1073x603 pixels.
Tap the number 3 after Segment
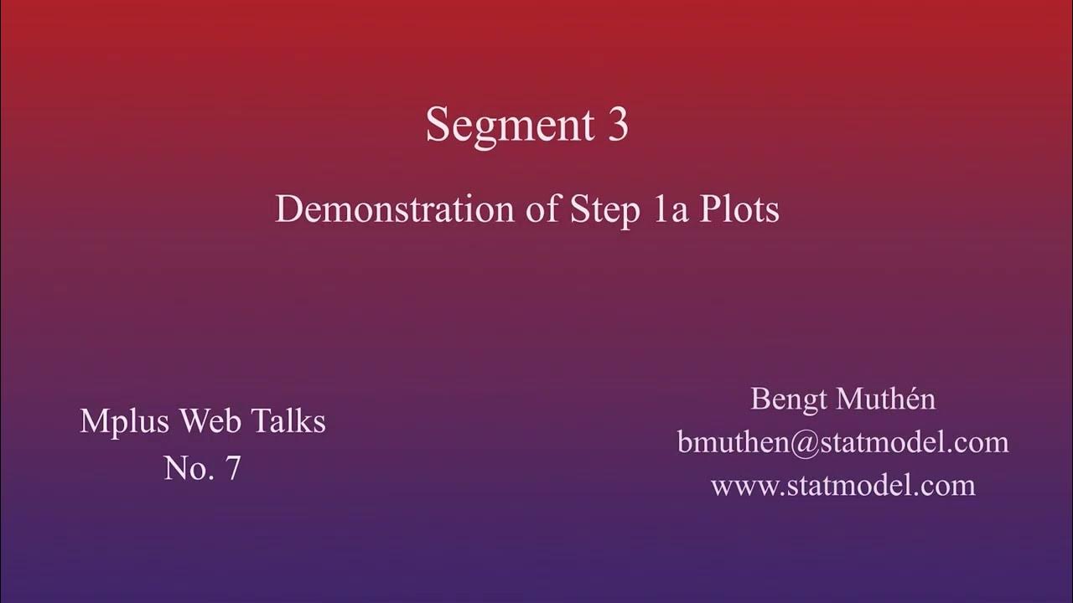(617, 126)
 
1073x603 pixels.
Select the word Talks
(285, 421)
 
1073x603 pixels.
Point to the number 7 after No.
(232, 468)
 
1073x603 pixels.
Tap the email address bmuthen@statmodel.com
(842, 442)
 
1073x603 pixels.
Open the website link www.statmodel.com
(842, 485)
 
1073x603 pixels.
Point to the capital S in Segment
(437, 126)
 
